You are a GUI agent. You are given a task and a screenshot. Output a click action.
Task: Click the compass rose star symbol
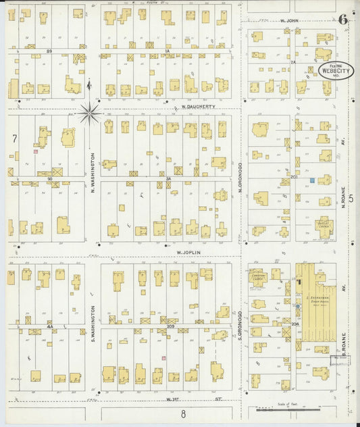pos(91,112)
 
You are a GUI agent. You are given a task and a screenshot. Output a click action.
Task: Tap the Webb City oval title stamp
pos(331,71)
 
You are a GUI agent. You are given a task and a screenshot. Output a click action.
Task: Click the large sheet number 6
pos(343,18)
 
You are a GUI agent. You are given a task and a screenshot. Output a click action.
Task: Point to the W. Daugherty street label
pos(197,107)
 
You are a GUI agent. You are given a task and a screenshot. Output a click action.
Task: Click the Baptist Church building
pos(324,227)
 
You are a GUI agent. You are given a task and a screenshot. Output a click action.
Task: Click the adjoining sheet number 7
pos(14,139)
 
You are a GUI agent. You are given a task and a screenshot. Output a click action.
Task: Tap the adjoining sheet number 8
pos(182,414)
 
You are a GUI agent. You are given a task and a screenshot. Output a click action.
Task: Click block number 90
pos(49,179)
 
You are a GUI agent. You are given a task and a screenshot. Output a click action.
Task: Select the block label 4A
pos(49,326)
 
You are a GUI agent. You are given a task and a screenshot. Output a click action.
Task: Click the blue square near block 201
pos(313,180)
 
